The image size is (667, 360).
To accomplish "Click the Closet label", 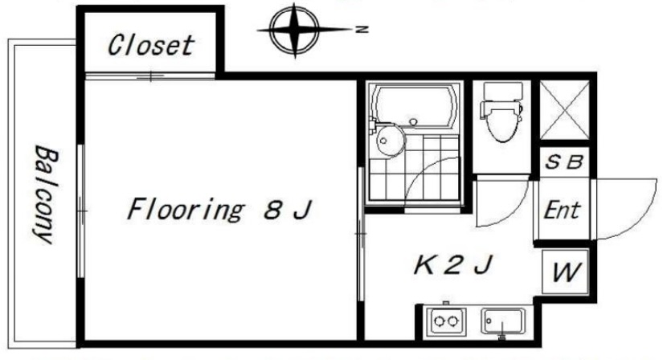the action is click(x=151, y=44).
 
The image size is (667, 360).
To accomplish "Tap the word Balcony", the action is click(x=43, y=194).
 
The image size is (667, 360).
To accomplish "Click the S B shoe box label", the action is click(x=566, y=161).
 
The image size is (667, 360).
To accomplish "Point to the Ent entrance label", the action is click(x=562, y=211).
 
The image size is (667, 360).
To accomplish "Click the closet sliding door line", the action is click(x=150, y=76).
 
